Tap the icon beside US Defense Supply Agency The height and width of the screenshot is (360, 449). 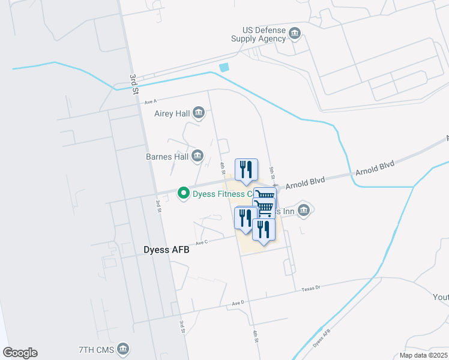[294, 33]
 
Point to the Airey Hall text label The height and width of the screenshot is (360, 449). [172, 113]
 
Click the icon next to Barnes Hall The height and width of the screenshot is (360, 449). [197, 157]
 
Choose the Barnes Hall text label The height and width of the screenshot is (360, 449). [167, 157]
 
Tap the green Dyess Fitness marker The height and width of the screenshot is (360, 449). [184, 193]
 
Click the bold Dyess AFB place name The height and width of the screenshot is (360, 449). [166, 250]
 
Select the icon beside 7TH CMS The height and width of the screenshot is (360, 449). [123, 349]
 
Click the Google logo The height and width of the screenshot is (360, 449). [20, 353]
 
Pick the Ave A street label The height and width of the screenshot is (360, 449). [150, 102]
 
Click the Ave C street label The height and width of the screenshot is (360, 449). [201, 242]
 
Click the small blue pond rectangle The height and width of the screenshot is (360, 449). [224, 68]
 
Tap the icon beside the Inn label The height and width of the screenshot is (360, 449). [304, 210]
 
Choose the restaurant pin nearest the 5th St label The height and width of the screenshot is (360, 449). [246, 170]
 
